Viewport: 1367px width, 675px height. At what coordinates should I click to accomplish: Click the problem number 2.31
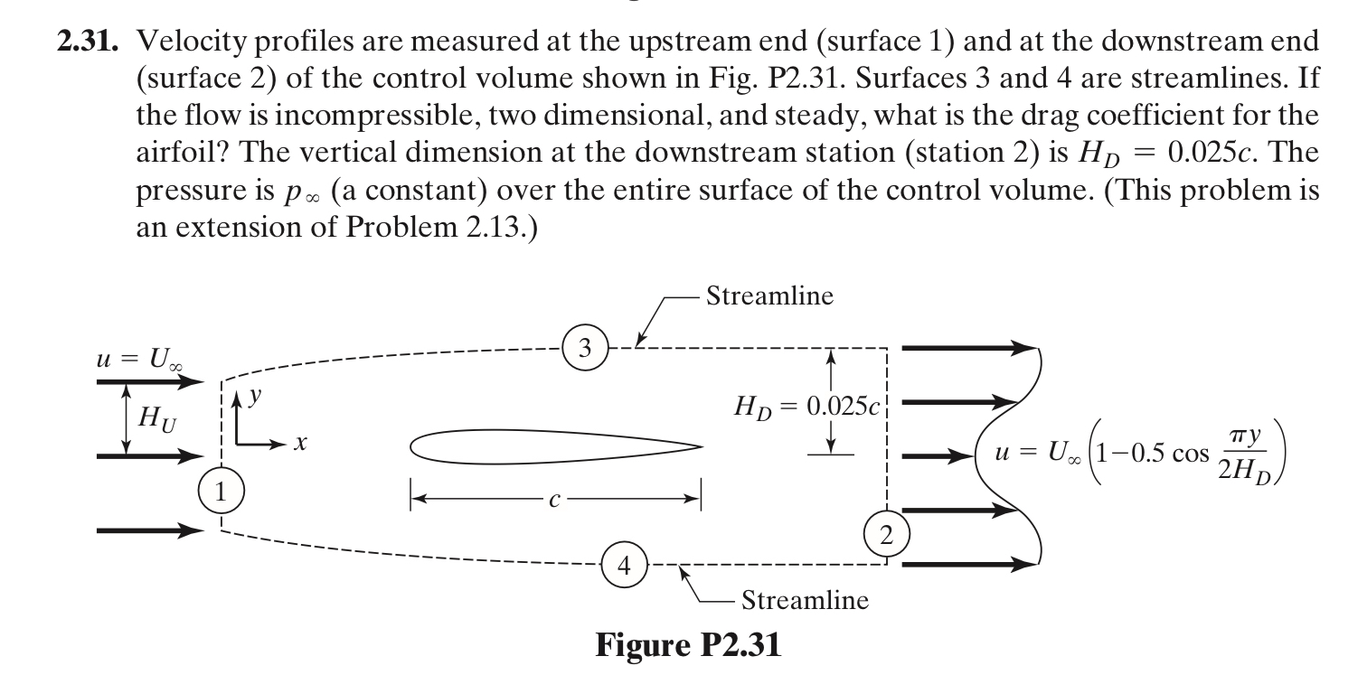(x=88, y=42)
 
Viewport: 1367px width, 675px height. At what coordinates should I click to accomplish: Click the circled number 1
(x=221, y=491)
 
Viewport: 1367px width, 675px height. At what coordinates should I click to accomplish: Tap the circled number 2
(x=887, y=535)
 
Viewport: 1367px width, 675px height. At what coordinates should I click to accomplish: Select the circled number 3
(x=585, y=348)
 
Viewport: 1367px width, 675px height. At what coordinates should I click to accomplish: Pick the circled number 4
(x=625, y=566)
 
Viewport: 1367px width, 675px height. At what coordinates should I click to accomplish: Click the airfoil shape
(x=556, y=446)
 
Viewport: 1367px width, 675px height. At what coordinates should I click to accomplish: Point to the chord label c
(x=554, y=500)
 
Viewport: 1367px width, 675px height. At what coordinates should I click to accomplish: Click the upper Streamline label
(x=769, y=295)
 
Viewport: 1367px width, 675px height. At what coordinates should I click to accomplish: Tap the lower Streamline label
(x=805, y=600)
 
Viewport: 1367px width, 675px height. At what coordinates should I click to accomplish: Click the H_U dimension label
(x=157, y=419)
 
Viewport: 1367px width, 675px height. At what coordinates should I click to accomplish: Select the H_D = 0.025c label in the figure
(x=806, y=407)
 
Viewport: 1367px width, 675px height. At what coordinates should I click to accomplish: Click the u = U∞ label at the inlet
(x=139, y=359)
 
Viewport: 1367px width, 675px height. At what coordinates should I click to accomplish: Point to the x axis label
(x=299, y=443)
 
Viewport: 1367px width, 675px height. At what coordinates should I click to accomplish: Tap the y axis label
(x=255, y=397)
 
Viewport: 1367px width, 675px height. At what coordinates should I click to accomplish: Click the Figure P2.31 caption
(x=688, y=645)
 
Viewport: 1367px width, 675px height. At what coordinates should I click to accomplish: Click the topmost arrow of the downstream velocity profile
(x=970, y=348)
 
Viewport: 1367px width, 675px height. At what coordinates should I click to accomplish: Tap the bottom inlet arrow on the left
(x=150, y=530)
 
